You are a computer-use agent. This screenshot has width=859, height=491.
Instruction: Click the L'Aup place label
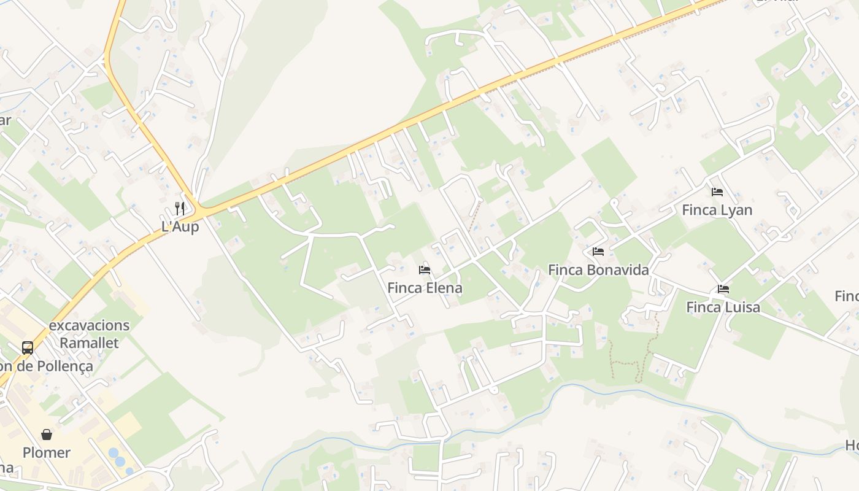click(x=180, y=226)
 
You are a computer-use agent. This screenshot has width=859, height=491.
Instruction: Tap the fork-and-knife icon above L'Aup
click(x=180, y=208)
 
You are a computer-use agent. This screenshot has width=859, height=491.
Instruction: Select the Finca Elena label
click(x=425, y=288)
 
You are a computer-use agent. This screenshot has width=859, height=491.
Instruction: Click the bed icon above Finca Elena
click(x=425, y=270)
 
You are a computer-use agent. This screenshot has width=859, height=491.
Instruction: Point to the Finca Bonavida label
click(x=598, y=270)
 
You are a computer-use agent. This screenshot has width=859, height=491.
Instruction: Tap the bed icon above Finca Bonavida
click(x=598, y=252)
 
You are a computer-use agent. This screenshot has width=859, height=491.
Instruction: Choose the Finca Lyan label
click(x=717, y=210)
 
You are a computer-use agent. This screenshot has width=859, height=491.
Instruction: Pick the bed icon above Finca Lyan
click(x=717, y=192)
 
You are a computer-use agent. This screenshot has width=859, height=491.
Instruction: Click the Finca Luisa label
click(x=723, y=307)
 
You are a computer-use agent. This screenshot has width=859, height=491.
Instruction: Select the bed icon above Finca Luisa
click(x=723, y=289)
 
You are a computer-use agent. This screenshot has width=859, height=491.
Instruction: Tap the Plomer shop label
click(x=47, y=453)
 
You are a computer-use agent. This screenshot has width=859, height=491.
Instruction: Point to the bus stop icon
click(x=28, y=348)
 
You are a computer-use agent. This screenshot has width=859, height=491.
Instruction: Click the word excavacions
click(x=89, y=325)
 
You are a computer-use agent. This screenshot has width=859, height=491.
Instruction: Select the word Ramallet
click(x=89, y=343)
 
